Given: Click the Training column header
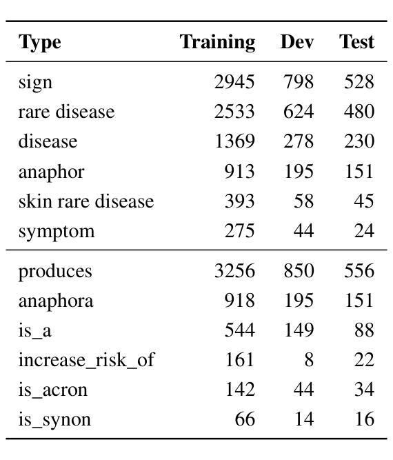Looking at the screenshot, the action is tap(217, 43).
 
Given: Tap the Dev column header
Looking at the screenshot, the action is tap(296, 41).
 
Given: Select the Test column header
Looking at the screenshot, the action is tap(356, 41).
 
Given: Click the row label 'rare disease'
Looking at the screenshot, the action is tap(66, 112).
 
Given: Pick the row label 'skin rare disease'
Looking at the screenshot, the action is tap(86, 201).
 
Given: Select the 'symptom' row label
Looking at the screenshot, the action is tap(57, 232).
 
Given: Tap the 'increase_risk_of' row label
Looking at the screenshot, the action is tap(86, 360).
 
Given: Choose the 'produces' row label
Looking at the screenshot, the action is tap(55, 272).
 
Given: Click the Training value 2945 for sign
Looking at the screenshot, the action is tap(234, 81).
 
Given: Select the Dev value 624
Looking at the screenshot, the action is tap(299, 112).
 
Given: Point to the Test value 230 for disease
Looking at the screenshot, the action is tap(359, 141).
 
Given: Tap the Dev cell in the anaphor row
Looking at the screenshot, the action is tap(299, 171).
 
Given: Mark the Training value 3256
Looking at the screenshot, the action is tap(234, 270).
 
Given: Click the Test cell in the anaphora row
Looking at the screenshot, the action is tap(359, 301).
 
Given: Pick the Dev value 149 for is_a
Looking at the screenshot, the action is tap(299, 330).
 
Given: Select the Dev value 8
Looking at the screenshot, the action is tap(309, 360).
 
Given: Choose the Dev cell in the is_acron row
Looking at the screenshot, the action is tap(304, 389).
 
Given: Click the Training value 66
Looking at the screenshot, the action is tap(245, 419).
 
